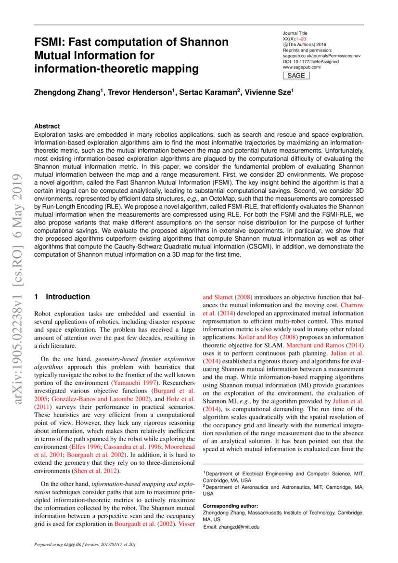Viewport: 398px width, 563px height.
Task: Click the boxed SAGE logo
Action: pyautogui.click(x=296, y=76)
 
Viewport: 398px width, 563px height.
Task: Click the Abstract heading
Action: pyautogui.click(x=47, y=126)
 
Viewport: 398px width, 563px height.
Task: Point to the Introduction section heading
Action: pyautogui.click(x=67, y=297)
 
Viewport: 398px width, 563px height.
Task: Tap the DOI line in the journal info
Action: pyautogui.click(x=310, y=62)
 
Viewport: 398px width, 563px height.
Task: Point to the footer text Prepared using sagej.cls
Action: pyautogui.click(x=85, y=545)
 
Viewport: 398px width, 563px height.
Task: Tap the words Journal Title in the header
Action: pyautogui.click(x=295, y=33)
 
